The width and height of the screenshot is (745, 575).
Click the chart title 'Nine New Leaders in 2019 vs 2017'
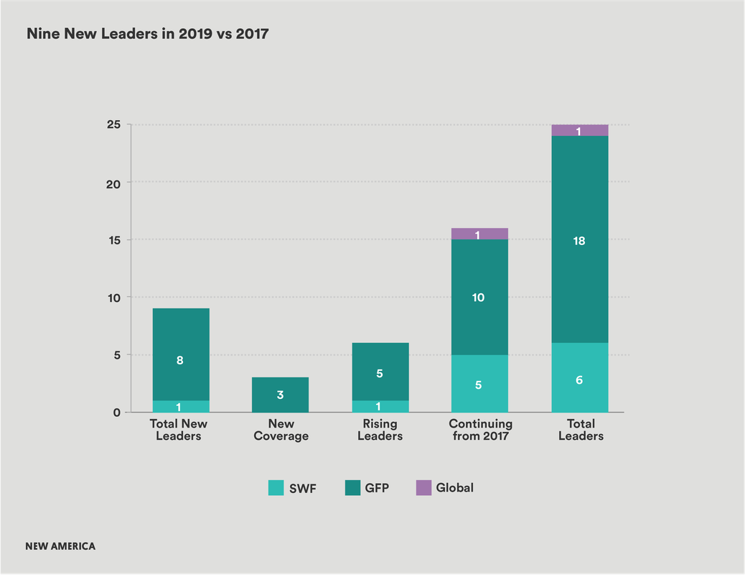148,34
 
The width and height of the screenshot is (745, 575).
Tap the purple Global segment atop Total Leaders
580,130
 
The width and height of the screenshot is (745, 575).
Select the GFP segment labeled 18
580,239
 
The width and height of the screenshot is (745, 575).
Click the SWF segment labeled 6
580,377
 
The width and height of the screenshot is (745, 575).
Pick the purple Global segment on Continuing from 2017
479,234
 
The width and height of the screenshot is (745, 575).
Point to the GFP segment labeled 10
479,297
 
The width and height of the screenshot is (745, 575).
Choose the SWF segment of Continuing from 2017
479,383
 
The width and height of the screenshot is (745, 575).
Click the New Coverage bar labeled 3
281,395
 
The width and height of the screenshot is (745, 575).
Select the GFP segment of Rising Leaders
380,372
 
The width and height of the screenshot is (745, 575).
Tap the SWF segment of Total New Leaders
181,407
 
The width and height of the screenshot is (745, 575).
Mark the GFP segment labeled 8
181,354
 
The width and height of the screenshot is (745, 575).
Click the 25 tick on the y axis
113,125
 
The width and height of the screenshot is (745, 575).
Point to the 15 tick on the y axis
115,240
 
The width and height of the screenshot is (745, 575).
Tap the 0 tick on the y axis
117,413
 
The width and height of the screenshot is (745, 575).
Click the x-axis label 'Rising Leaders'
380,430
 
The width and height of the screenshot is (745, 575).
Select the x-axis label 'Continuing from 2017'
480,430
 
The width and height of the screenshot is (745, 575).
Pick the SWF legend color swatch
276,488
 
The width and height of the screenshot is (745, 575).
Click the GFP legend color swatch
352,488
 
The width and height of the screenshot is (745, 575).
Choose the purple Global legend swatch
423,488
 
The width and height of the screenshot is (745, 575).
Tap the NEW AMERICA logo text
60,546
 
